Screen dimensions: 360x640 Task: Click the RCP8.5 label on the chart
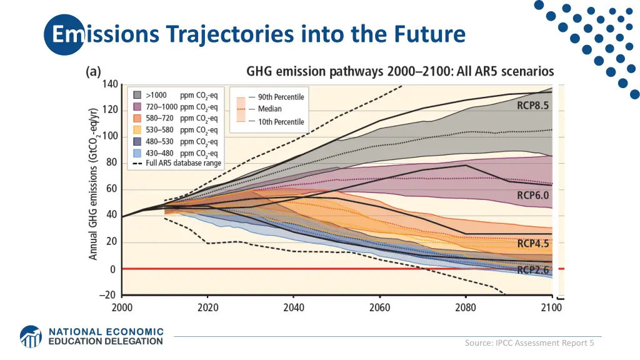tap(532, 106)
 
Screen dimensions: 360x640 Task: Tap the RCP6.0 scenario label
tap(532, 195)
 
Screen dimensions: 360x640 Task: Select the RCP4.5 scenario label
tap(532, 244)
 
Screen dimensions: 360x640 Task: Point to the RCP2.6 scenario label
tap(532, 270)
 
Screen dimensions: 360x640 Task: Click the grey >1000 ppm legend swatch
tap(136, 96)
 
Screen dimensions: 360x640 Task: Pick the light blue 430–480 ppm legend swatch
tap(136, 153)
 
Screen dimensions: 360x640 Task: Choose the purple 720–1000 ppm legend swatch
tap(136, 107)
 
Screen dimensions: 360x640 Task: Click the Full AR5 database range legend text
tap(183, 164)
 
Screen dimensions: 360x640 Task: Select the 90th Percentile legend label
tap(281, 97)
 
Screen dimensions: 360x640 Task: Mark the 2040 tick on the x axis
tap(294, 307)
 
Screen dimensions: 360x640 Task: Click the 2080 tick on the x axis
tap(466, 307)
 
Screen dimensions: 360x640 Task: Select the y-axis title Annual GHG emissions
tap(93, 177)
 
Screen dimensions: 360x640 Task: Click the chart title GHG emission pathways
tap(400, 72)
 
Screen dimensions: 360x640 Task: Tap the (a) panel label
tap(93, 72)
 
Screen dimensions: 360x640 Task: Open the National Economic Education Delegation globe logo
tap(31, 336)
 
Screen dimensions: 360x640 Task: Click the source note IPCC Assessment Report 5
tap(529, 342)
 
